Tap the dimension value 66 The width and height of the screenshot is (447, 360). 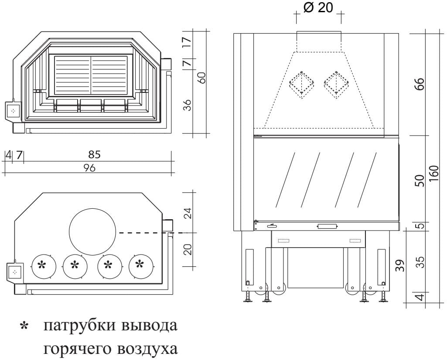(x=419, y=83)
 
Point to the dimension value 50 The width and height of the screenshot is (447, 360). (x=419, y=180)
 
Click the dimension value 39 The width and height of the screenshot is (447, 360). (x=402, y=265)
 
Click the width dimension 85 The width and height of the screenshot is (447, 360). (x=94, y=154)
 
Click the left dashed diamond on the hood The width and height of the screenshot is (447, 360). (x=301, y=83)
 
